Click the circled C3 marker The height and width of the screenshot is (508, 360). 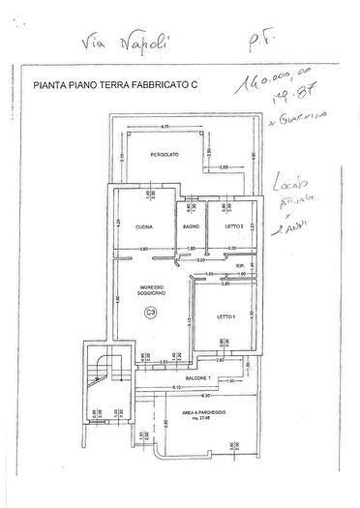tap(150, 312)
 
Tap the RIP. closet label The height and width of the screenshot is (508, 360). tap(240, 264)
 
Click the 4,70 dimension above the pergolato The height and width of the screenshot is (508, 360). tap(165, 127)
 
